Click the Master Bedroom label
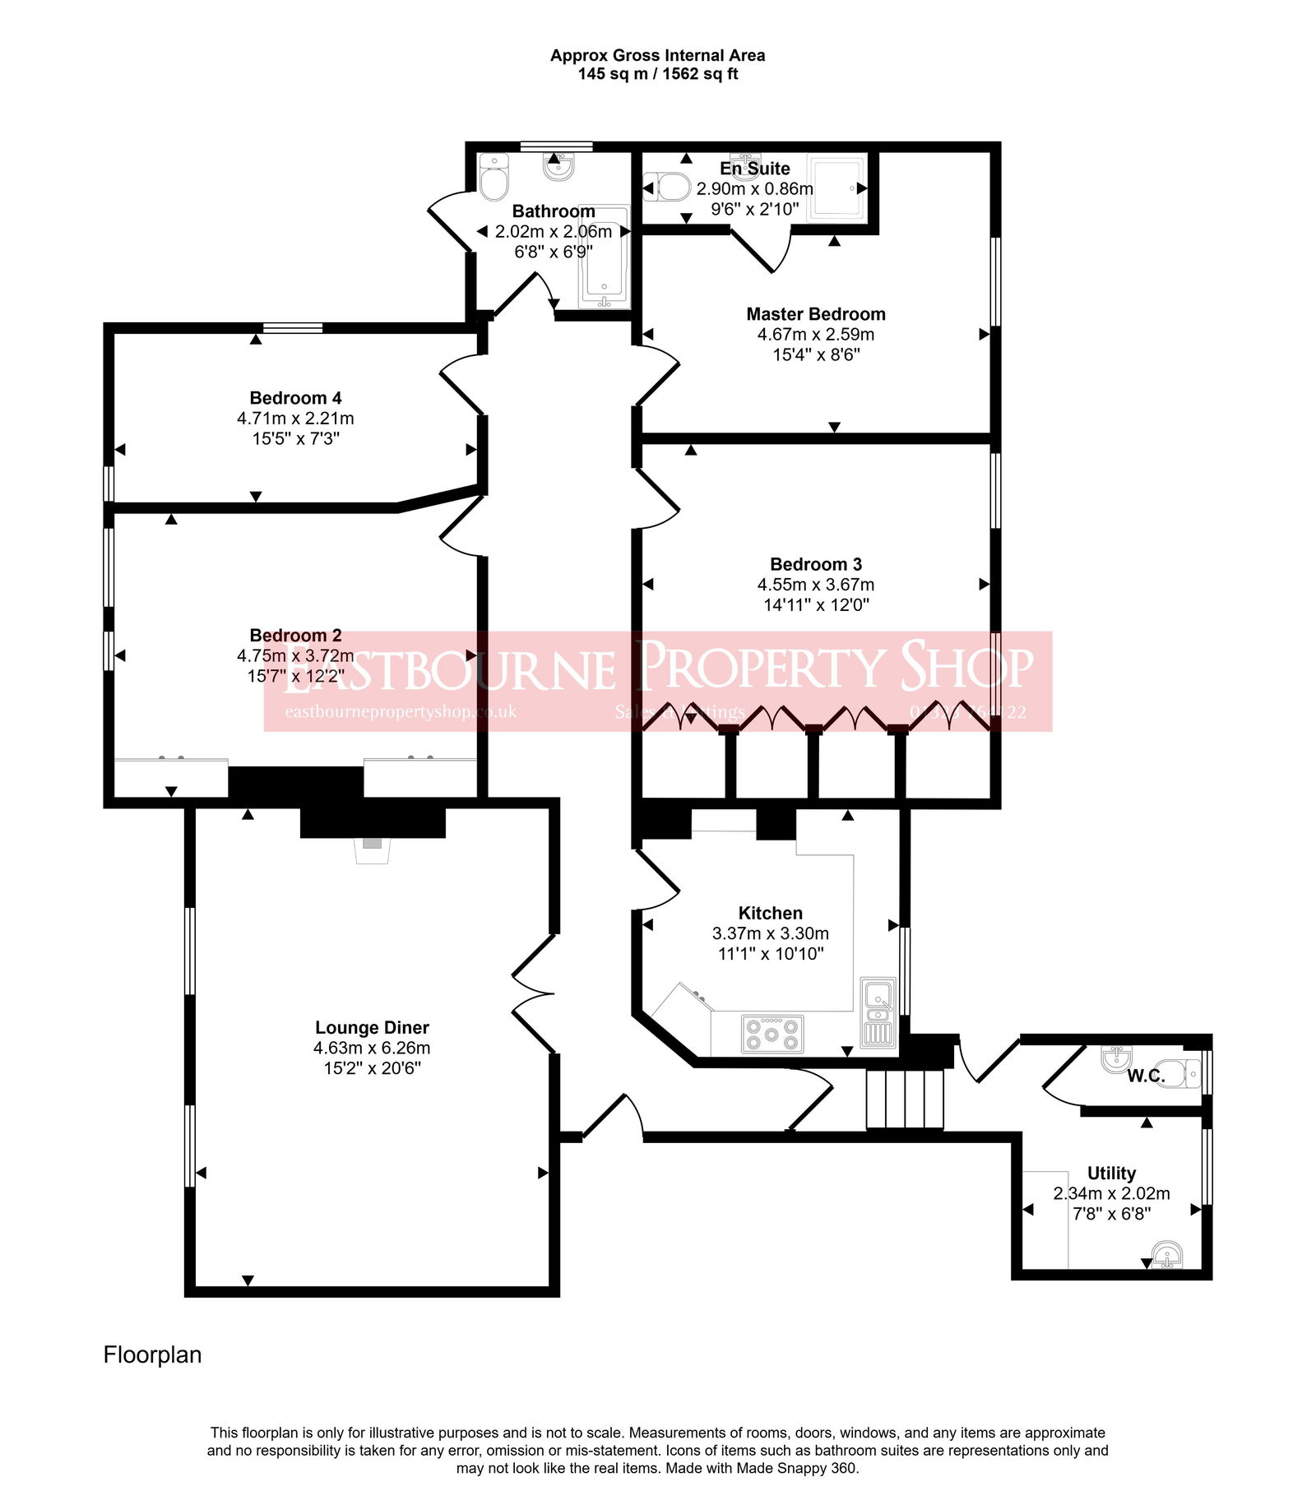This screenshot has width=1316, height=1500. (x=815, y=314)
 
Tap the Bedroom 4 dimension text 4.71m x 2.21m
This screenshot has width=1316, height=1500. (x=295, y=419)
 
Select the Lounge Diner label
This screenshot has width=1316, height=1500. (x=372, y=1027)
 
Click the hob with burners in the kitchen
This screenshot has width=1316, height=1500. (x=772, y=1034)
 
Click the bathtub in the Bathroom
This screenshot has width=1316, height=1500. (x=605, y=257)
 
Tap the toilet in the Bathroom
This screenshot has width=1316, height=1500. (x=493, y=178)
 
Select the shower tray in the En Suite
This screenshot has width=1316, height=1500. (x=837, y=188)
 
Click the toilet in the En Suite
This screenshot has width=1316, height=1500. (x=668, y=187)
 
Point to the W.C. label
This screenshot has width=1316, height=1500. (x=1146, y=1076)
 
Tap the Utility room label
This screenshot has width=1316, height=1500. (x=1111, y=1173)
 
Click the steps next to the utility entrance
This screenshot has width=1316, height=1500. (x=905, y=1099)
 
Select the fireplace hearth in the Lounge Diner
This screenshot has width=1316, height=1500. (x=372, y=850)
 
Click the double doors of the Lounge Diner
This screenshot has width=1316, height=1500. (x=533, y=995)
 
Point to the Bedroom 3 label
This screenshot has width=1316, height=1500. (x=815, y=564)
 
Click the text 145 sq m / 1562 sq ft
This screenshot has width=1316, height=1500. (x=657, y=74)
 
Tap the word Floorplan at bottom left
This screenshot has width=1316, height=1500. (x=152, y=1354)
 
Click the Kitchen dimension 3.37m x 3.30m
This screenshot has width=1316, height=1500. (x=770, y=933)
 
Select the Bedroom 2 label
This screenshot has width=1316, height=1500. (x=295, y=636)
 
